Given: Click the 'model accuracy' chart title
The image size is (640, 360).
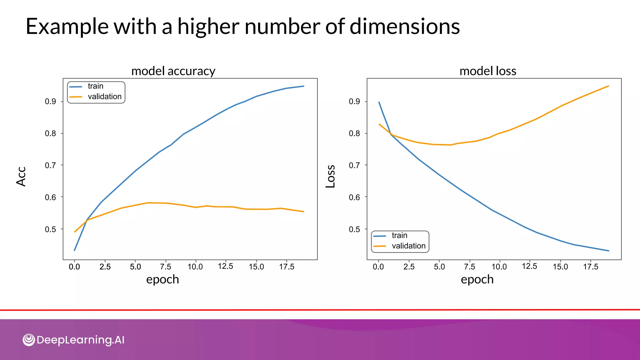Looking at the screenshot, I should point(173,71).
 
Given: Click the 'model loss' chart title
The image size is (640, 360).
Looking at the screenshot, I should point(487,71).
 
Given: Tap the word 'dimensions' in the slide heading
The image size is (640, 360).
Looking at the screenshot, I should point(404,26).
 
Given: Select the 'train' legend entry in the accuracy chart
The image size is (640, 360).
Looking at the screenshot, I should point(95,86).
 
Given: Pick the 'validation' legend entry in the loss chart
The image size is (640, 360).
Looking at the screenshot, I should point(408,246).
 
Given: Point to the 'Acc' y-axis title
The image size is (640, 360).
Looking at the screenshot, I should point(21,177).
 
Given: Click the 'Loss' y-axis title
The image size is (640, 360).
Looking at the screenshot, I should point(331,176).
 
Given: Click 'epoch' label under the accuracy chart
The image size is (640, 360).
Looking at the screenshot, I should point(162,279).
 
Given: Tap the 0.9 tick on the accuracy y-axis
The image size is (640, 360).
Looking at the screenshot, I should point(50,102).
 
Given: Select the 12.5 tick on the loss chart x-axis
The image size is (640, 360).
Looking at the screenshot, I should point(529,266).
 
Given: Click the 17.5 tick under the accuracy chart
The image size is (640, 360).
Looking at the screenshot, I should point(287,267).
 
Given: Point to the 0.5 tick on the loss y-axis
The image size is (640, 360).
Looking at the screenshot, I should point(354,229).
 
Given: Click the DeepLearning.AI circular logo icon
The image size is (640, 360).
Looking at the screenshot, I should point(29,340).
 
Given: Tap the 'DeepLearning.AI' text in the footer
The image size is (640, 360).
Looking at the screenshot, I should point(80,340).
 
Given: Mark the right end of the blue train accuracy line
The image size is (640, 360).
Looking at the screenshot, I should point(304,86).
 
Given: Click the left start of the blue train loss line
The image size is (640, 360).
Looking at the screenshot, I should point(379,102).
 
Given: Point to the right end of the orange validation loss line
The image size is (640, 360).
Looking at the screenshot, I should point(608,86).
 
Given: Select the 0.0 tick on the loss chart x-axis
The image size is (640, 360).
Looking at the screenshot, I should point(378,267).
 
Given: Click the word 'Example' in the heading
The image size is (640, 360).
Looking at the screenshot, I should point(67,26).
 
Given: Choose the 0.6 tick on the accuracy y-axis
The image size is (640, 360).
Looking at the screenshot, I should point(50,197).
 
